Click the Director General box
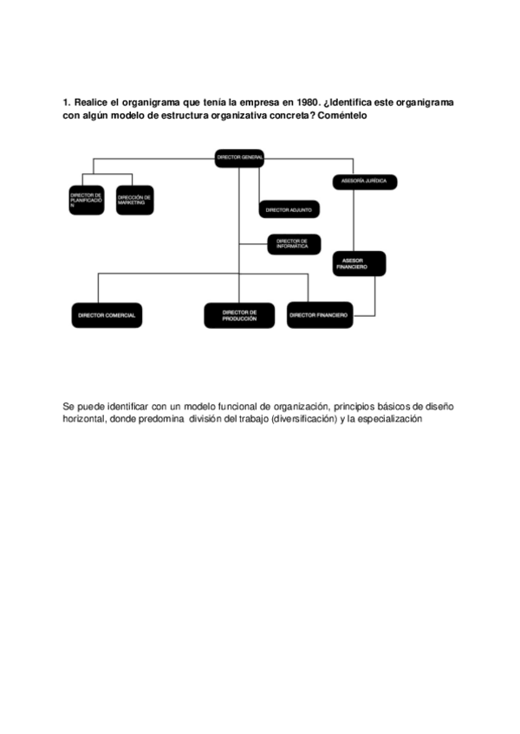coord(240,157)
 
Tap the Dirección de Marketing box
coord(134,200)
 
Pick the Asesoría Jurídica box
coord(364,181)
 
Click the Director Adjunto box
coord(289,209)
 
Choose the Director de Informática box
coord(292,244)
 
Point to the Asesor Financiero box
coord(358,263)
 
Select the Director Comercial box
coord(107,315)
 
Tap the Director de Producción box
coord(239,315)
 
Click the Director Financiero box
coord(319,315)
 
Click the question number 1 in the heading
coord(66,103)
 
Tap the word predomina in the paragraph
coord(159,419)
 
